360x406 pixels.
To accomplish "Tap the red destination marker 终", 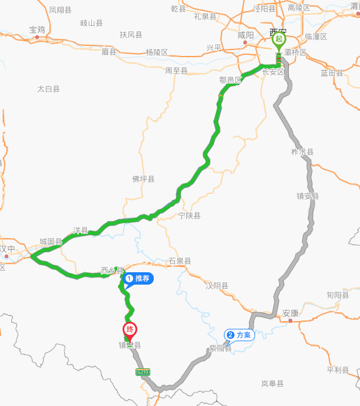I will [x=130, y=331].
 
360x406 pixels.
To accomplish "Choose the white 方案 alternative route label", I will [x=239, y=335].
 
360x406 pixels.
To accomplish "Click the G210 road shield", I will [x=142, y=372].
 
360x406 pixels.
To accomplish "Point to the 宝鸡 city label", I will [x=37, y=29].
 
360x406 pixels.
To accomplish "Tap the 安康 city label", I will [x=290, y=313].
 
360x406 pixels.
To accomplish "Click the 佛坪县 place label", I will [x=143, y=179].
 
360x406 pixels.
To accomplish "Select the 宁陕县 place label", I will [x=189, y=216].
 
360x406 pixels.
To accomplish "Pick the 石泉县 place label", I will [x=180, y=260].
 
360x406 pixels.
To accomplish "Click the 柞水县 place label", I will [x=302, y=151].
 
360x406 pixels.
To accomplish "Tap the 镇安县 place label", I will [x=308, y=196].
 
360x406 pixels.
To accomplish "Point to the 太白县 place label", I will [x=48, y=89].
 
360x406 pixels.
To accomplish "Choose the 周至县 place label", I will [x=176, y=71].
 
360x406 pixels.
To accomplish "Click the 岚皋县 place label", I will [x=272, y=384].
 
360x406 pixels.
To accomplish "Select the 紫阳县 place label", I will [x=220, y=348].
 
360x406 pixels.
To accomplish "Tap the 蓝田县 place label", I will [x=332, y=72].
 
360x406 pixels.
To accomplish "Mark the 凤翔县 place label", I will [x=60, y=10].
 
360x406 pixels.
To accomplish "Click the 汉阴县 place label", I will [x=217, y=286].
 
